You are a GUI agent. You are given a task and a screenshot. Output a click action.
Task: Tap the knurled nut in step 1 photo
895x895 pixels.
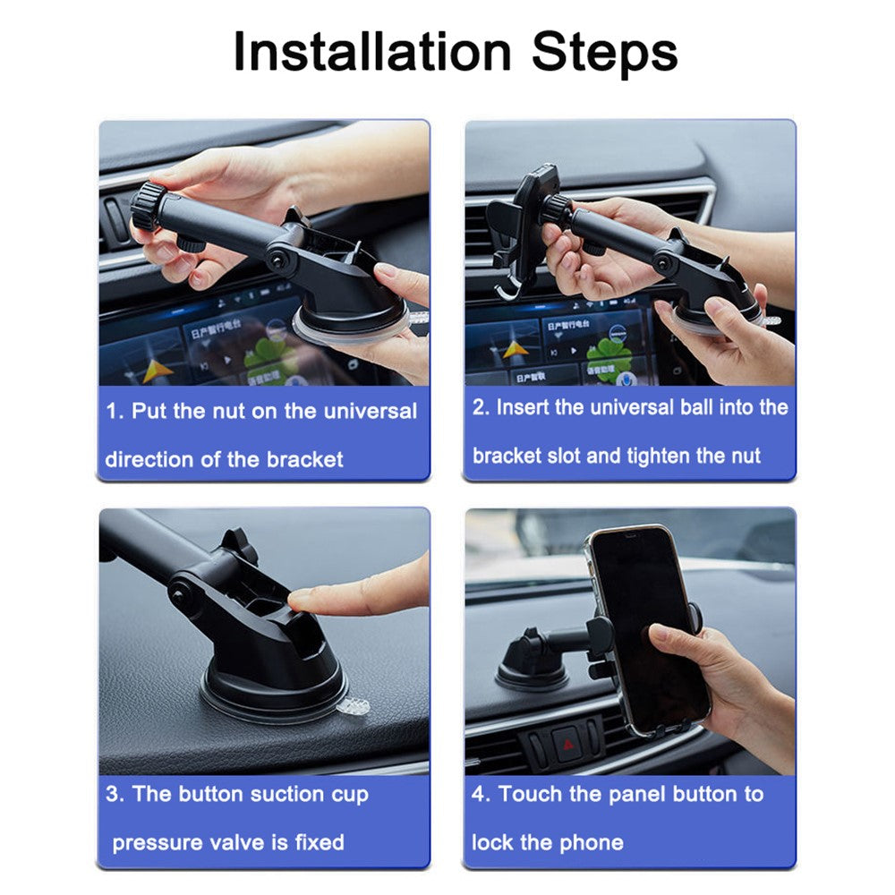click(148, 206)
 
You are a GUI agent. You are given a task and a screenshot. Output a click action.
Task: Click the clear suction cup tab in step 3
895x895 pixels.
click(354, 707)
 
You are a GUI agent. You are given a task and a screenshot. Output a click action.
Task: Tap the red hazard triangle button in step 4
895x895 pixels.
click(568, 745)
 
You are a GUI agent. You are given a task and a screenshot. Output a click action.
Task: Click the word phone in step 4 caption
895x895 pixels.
click(592, 842)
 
